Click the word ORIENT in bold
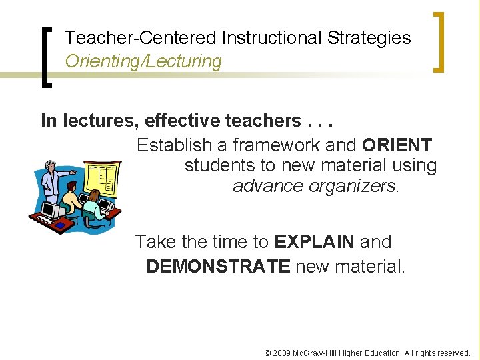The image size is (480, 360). pyautogui.click(x=397, y=145)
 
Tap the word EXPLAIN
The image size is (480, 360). pyautogui.click(x=313, y=242)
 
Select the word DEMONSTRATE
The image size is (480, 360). pyautogui.click(x=218, y=267)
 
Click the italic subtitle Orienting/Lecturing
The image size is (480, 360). pyautogui.click(x=143, y=61)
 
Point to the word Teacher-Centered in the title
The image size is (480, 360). pyautogui.click(x=141, y=38)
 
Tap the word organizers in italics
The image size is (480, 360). pyautogui.click(x=353, y=185)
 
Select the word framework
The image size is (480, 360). pyautogui.click(x=286, y=145)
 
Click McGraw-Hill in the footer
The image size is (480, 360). pyautogui.click(x=315, y=353)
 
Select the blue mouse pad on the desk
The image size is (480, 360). pyautogui.click(x=61, y=225)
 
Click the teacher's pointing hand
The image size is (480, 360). pyautogui.click(x=73, y=172)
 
